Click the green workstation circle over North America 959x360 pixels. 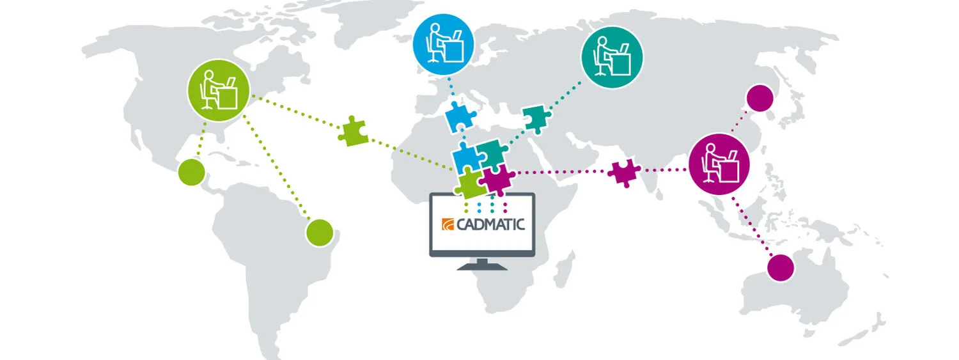[x=218, y=90]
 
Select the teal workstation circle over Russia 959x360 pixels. [x=612, y=58]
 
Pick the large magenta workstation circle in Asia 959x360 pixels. [x=719, y=164]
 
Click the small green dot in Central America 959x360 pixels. [x=191, y=172]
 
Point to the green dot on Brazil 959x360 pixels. [x=320, y=233]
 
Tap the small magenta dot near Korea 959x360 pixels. [x=760, y=98]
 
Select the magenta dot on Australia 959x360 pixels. [x=779, y=267]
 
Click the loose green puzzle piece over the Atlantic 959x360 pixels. [x=352, y=131]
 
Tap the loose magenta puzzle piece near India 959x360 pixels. [x=623, y=172]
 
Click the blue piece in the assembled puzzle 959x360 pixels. [x=466, y=157]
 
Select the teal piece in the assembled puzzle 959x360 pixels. [x=491, y=152]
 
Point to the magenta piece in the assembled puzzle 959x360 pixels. [x=499, y=179]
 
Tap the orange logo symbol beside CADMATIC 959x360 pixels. [x=447, y=224]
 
